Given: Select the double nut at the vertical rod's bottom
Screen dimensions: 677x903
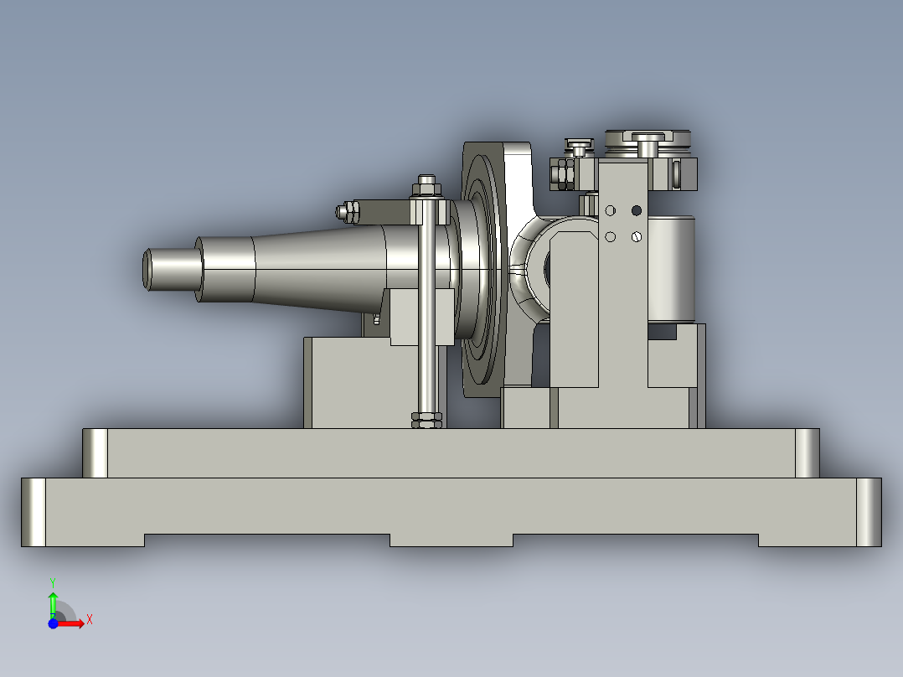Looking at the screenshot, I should (x=426, y=420).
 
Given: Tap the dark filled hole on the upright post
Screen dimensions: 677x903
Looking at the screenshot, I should (x=636, y=209).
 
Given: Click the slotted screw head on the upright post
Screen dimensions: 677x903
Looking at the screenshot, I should (x=637, y=237).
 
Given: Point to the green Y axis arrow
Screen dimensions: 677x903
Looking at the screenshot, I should (x=53, y=600).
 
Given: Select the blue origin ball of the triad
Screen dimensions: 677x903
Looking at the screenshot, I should (x=53, y=623).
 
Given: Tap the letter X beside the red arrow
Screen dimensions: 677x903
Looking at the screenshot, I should (x=89, y=619).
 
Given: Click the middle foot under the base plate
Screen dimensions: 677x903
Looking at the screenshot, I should (x=451, y=540).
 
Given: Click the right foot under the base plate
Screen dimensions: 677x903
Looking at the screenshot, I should (x=808, y=540).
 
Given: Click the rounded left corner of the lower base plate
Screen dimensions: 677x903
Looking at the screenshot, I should (x=34, y=512).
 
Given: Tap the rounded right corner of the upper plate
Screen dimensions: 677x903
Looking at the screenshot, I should (x=807, y=453).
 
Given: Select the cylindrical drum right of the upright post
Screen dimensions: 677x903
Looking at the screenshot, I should (x=672, y=268).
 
